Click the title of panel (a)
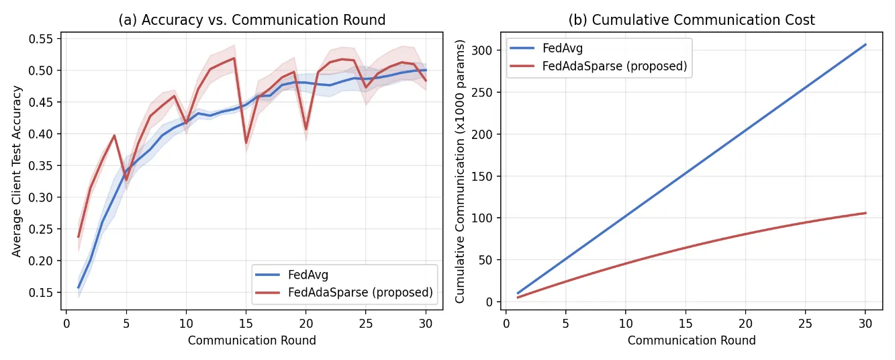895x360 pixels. click(252, 19)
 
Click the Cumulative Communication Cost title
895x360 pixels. click(692, 19)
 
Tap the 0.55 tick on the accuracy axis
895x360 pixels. click(41, 39)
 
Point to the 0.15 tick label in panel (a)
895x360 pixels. click(41, 292)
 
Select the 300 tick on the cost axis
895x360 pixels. click(481, 50)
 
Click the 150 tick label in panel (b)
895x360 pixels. click(481, 176)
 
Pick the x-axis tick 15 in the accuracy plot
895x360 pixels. click(246, 323)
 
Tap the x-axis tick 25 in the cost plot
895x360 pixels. click(805, 323)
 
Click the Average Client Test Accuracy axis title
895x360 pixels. click(16, 171)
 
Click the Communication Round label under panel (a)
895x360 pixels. click(252, 341)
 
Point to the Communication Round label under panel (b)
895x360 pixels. click(692, 341)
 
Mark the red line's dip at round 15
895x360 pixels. click(246, 143)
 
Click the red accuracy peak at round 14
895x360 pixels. click(234, 58)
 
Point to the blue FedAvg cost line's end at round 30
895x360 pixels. click(865, 44)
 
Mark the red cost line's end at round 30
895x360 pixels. click(865, 213)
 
